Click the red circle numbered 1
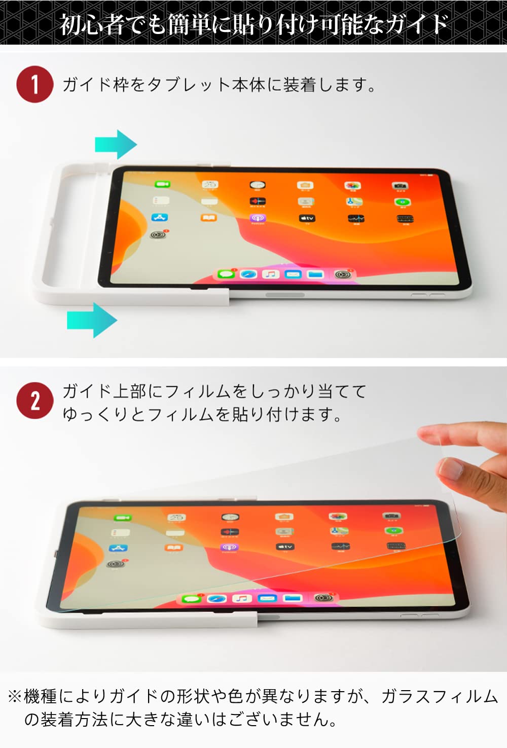point(34,84)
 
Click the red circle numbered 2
point(34,400)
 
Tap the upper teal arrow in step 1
point(116,145)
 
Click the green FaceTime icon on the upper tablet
point(162,184)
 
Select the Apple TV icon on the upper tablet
point(307,218)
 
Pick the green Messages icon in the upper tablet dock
point(226,275)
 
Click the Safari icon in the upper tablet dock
point(248,275)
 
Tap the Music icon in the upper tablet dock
point(271,275)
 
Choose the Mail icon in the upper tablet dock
point(293,275)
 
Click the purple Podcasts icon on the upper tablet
point(258,218)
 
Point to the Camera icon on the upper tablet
point(400,186)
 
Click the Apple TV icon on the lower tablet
point(285,547)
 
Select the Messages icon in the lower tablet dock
point(191,599)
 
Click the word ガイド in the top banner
point(417,24)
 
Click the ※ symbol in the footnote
point(14,696)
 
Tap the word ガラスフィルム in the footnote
point(439,696)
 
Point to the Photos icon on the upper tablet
point(352,186)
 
